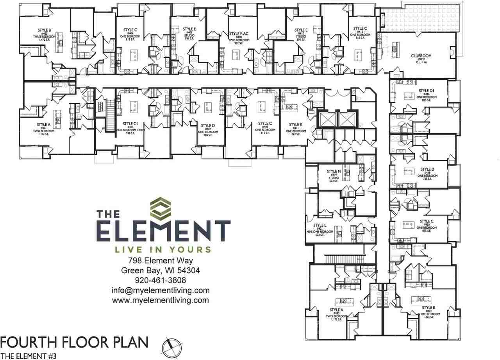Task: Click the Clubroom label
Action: coord(421,56)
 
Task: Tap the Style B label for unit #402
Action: coord(44,30)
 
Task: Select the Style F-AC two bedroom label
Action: coord(239,34)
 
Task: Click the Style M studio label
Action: coord(334,172)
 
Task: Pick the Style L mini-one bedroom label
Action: coord(320,226)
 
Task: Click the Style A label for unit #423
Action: coord(336,310)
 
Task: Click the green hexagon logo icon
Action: coord(161,209)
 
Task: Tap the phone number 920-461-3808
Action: coord(160,280)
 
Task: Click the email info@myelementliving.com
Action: coord(160,290)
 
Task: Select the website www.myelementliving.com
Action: coord(160,300)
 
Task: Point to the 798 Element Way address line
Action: coord(160,261)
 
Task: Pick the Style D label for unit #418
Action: coord(427,169)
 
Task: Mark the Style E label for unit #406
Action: coord(189,29)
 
